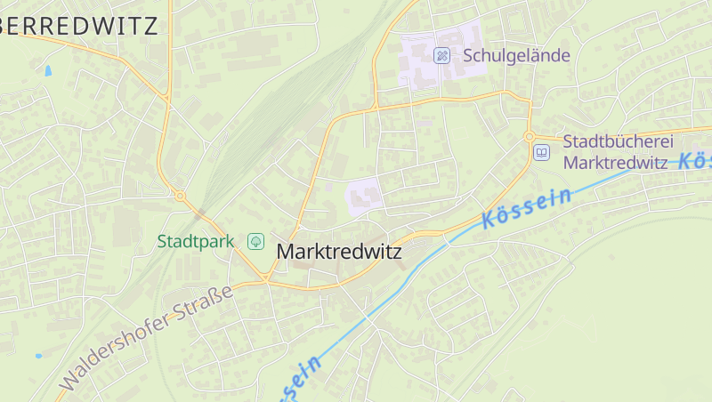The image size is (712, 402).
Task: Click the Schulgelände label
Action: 516,55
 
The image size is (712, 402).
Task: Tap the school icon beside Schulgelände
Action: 441,55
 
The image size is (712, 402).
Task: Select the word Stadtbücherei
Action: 619,141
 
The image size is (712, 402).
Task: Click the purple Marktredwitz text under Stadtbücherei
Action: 615,163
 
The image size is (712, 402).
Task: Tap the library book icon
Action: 541,152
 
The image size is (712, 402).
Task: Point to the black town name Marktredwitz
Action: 339,252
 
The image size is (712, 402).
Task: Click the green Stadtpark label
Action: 195,241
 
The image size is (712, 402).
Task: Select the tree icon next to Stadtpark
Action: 255,241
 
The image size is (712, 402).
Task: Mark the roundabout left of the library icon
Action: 529,136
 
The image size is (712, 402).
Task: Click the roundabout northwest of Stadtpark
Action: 180,195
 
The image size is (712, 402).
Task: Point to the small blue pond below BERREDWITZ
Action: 47,69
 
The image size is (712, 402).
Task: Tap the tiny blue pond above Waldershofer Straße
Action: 38,356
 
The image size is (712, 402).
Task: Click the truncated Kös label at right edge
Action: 694,161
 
